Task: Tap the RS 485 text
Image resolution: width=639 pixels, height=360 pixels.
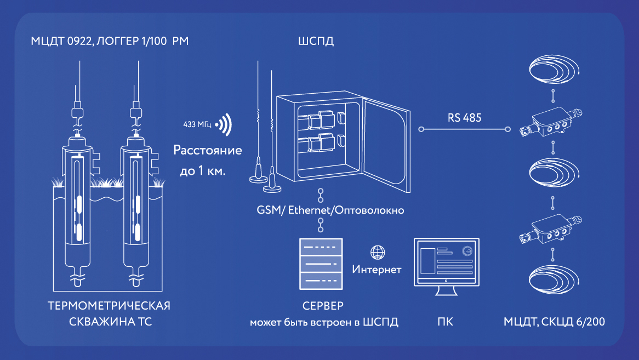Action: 464,118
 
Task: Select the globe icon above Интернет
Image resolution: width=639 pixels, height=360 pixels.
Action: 377,253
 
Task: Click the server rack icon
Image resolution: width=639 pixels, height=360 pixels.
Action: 320,264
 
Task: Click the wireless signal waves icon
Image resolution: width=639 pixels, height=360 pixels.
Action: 224,125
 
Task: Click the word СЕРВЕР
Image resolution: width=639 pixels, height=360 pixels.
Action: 323,305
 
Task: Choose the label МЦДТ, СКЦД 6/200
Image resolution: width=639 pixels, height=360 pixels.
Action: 554,322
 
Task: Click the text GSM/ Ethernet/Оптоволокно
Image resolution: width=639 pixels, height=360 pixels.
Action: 330,210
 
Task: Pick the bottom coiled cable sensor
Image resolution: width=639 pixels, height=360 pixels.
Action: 554,282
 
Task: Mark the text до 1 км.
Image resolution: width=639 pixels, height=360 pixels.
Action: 203,171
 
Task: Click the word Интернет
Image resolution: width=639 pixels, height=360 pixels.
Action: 376,270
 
